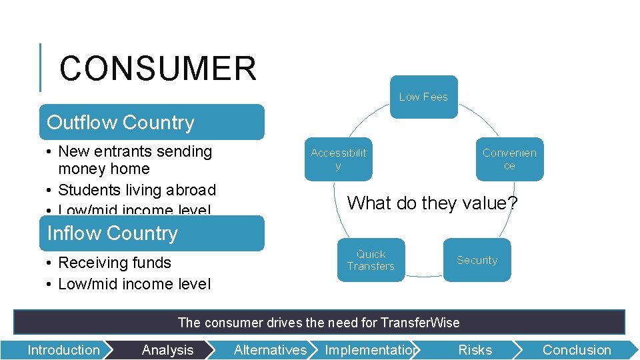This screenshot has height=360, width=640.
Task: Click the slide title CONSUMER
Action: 157,69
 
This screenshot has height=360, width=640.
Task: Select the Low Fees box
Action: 423,97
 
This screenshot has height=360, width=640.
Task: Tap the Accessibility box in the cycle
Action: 338,159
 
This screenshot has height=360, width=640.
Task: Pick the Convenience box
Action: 509,159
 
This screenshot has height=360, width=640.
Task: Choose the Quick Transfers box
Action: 371,260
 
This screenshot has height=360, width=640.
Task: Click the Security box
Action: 477,260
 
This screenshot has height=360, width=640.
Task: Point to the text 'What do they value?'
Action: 432,203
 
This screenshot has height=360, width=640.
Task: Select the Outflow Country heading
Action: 121,123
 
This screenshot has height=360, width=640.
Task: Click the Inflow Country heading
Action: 113,233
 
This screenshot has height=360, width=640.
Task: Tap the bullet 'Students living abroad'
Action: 137,190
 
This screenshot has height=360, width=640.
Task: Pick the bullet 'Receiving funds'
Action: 115,263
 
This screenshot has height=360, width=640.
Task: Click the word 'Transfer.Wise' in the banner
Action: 420,323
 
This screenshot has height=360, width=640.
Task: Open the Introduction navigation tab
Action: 63,350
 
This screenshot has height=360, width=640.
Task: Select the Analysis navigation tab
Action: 167,350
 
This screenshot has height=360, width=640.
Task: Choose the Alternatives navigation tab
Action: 270,350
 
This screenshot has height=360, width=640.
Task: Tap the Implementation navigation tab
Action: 371,350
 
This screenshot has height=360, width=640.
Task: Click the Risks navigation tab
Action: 475,350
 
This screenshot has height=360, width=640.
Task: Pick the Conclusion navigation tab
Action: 576,350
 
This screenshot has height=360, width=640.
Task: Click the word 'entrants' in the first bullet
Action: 128,151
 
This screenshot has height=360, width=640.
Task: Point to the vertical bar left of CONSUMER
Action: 41,67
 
